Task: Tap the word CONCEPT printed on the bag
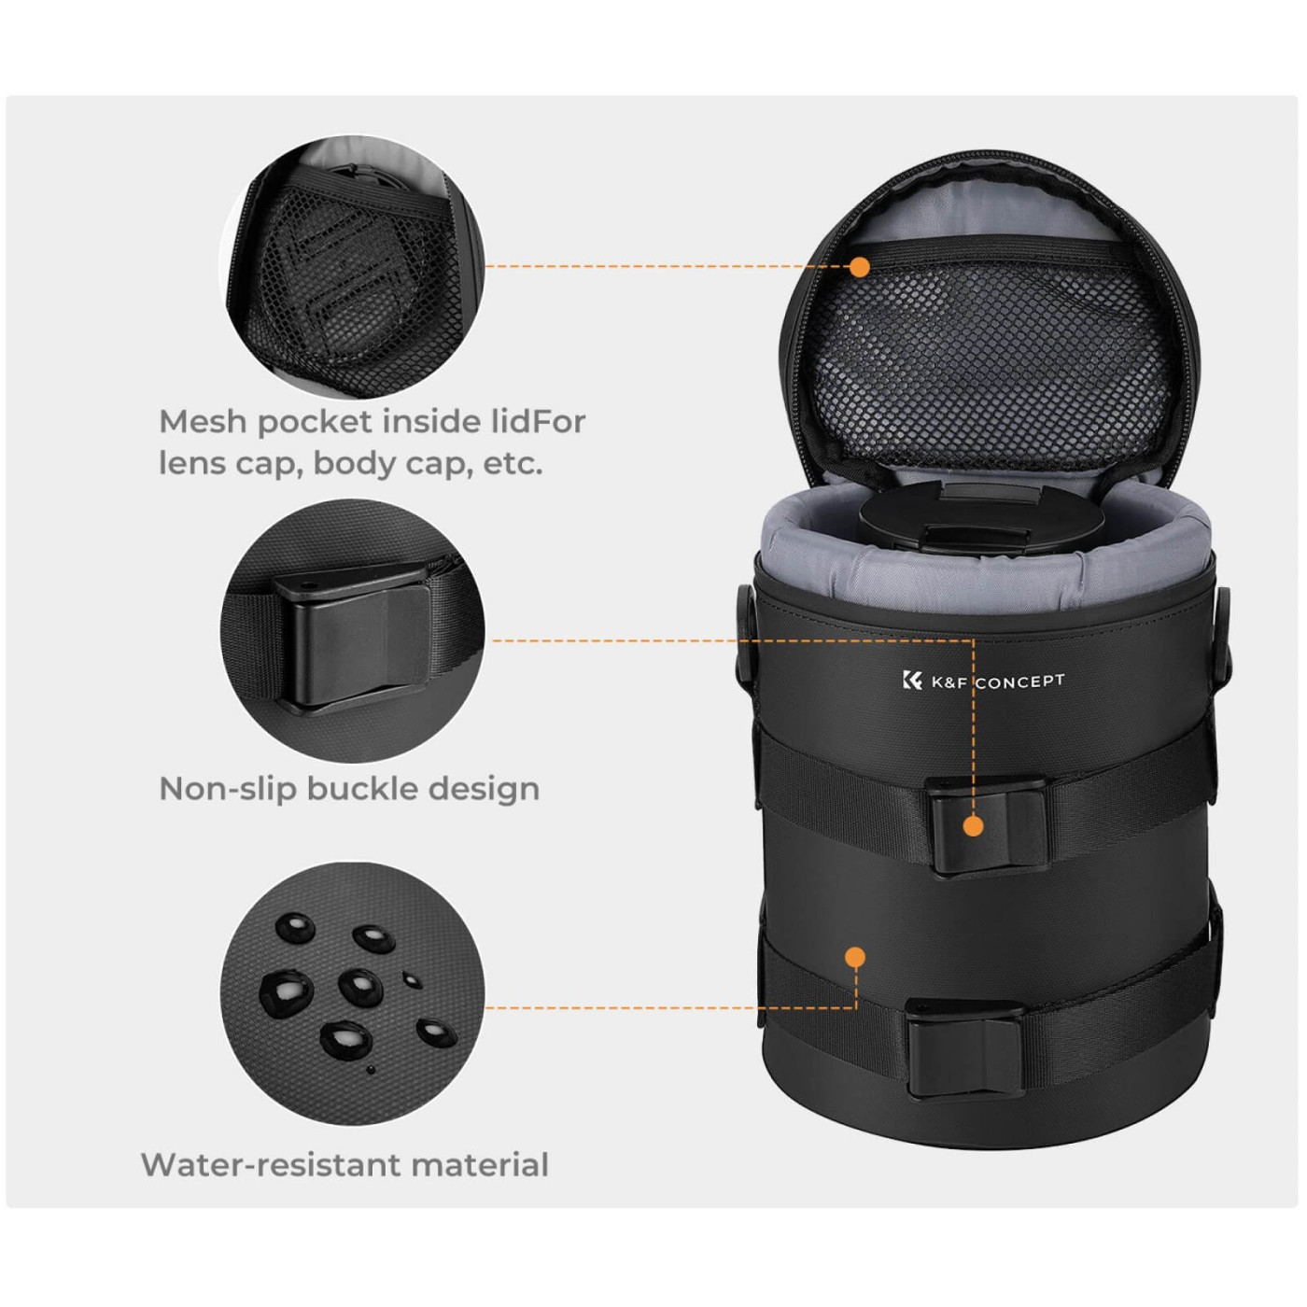[1020, 681]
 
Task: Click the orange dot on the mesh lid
[860, 266]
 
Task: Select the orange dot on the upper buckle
[974, 825]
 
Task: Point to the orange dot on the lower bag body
[855, 956]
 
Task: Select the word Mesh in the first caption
[204, 422]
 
